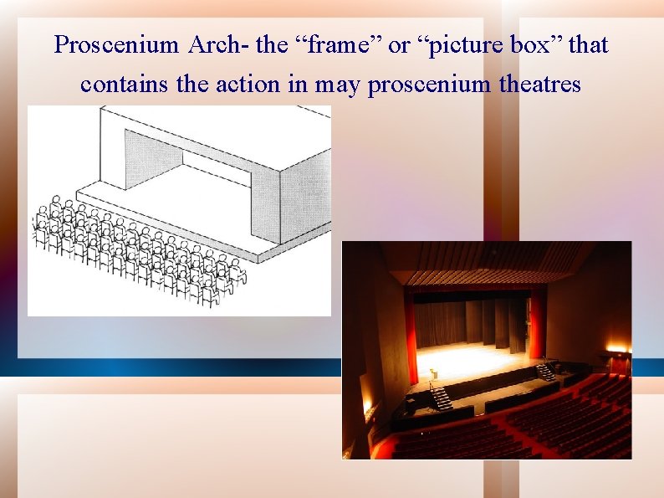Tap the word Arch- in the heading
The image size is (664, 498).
[215, 45]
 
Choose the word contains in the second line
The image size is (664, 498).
[123, 84]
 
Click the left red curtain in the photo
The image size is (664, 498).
[410, 335]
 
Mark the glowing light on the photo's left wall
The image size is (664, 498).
[366, 408]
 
